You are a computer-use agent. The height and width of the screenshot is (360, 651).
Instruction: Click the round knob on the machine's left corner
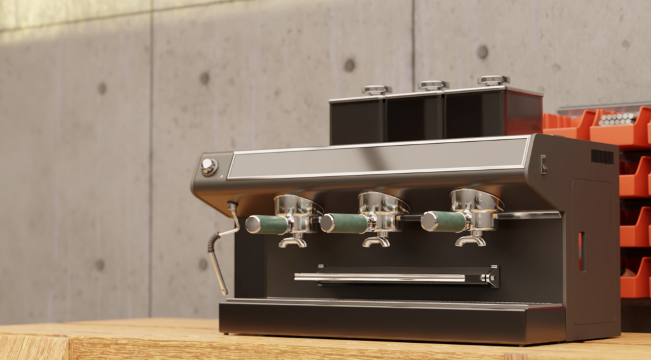coord(209,167)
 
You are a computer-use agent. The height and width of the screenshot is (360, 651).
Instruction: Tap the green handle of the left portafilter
coord(267,225)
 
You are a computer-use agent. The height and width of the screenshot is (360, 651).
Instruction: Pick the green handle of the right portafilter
coord(445,221)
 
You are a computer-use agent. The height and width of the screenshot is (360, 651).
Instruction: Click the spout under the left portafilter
coord(292,242)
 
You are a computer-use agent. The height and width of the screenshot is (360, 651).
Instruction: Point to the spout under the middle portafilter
coord(376,241)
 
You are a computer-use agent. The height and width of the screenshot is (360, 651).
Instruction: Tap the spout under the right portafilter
coord(470,240)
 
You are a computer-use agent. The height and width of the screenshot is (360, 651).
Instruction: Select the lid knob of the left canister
coord(376,90)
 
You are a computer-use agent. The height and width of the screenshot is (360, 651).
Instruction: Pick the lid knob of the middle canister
coord(434,85)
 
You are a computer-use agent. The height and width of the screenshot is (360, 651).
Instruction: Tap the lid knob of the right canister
coord(494,80)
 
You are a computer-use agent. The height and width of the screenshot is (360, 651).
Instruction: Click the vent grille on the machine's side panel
coord(602,156)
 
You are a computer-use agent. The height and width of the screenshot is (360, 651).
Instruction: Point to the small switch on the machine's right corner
coord(544,164)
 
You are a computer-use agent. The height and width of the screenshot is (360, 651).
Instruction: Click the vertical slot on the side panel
coord(582,252)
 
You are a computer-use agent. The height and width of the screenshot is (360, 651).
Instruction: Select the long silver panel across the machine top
coord(378,158)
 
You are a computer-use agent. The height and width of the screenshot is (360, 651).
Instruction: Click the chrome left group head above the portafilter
coord(296,205)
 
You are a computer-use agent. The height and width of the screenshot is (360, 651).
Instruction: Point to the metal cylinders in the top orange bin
coord(617,119)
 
